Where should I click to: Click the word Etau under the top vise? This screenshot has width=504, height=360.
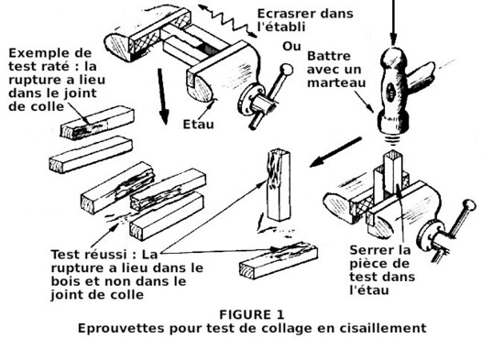point(198,124)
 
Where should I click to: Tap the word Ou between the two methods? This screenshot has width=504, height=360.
point(291,47)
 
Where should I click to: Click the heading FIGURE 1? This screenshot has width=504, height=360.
point(252,314)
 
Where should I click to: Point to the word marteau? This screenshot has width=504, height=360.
point(336,82)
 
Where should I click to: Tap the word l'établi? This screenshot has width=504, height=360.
point(281,27)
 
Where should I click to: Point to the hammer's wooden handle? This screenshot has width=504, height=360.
point(422,77)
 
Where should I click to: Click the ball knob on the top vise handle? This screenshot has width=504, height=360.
point(287,70)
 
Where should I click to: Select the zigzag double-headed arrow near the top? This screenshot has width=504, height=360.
point(227,20)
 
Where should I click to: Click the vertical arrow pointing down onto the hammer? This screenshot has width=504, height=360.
point(392,22)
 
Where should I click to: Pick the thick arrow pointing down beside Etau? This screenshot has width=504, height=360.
point(162,96)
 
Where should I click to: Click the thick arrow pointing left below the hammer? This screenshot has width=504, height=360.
point(335,152)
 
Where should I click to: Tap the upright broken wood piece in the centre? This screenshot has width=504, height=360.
point(279,185)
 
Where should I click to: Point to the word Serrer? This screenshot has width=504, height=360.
point(368,250)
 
